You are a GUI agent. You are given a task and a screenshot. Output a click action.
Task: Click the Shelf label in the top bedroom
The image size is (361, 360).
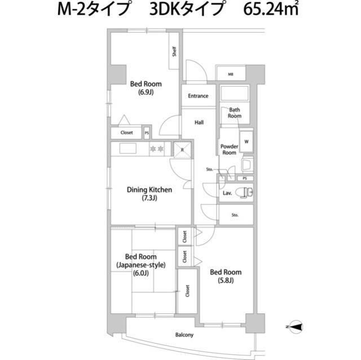click(175, 52)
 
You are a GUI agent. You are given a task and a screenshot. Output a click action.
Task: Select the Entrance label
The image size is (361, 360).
click(197, 96)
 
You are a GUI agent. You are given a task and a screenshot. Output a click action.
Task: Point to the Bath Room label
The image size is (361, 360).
click(235, 113)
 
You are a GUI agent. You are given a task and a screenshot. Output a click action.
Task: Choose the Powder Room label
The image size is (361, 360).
click(228, 149)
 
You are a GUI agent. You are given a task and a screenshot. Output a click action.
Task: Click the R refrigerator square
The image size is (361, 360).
click(183, 149)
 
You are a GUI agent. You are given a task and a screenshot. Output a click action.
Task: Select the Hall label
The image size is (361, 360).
click(199, 122)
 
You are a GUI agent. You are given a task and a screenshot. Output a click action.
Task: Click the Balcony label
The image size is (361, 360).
click(184, 335)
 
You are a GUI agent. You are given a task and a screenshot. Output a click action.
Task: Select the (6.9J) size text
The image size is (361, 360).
click(146, 92)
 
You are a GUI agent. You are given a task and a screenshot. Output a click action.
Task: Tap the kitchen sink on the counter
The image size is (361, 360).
click(127, 149)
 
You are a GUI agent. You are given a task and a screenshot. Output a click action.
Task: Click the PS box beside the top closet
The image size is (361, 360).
click(147, 133)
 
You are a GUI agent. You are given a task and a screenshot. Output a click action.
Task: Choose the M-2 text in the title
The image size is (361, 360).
click(74, 11)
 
